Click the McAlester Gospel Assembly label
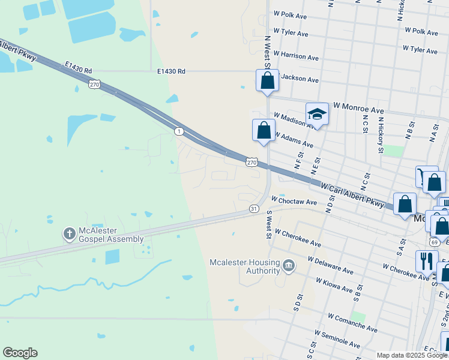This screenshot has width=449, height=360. point(112,235)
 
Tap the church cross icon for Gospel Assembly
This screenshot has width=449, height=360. point(70,233)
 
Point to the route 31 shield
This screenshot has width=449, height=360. point(254,208)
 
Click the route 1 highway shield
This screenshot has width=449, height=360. point(178,131)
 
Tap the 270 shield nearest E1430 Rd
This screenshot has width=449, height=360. point(94,85)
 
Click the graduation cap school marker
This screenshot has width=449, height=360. point(316,113)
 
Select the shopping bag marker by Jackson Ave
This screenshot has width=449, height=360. point(267,80)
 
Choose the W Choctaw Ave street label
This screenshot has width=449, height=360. point(294,202)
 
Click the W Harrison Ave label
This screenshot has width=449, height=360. point(296,56)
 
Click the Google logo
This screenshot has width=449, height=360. point(20,353)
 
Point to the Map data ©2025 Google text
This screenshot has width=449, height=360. point(411,355)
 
